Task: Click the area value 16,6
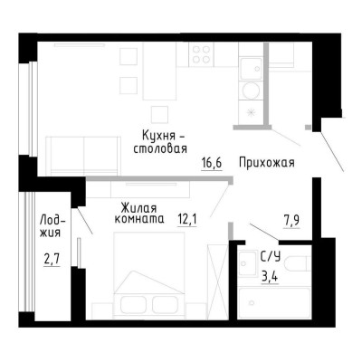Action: [212, 164]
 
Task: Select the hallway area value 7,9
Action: [292, 218]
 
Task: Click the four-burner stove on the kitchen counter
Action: [199, 54]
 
